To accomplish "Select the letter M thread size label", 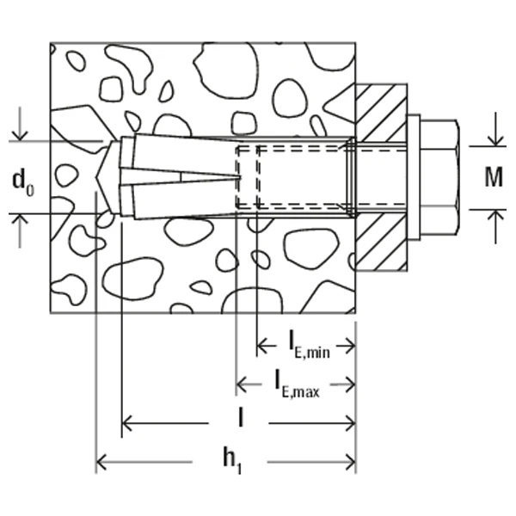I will (493, 178).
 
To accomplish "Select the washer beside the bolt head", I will (413, 176).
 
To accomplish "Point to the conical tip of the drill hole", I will (103, 176).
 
